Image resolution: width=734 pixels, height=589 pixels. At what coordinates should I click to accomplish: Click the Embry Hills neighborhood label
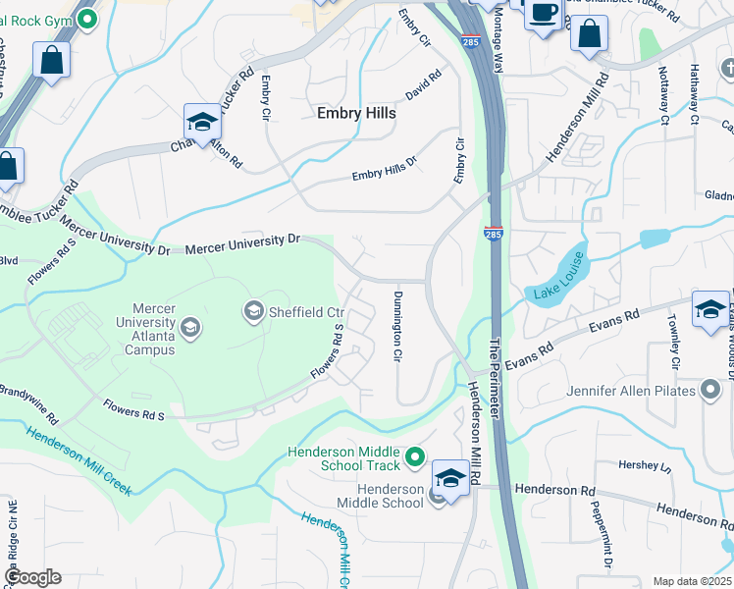pos(356,114)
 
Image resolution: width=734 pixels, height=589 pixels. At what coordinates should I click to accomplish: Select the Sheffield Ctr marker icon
pos(253,312)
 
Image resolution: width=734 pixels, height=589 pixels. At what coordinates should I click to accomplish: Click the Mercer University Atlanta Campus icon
pos(190,327)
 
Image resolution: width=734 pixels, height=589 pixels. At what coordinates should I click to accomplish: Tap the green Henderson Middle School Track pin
pos(415,457)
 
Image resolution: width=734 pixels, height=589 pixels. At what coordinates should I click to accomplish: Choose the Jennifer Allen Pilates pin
pos(710,392)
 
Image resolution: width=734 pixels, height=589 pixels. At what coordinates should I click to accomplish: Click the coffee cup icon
pos(542,14)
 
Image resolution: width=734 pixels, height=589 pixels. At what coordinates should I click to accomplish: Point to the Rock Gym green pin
pos(87,18)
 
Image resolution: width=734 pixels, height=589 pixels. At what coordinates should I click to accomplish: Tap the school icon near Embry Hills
pos(202,122)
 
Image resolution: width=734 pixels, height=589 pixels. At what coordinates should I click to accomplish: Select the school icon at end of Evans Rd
pos(709,308)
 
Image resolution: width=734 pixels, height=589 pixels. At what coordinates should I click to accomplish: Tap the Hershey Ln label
pos(644,464)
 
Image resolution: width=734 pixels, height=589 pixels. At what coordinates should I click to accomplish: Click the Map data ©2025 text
pos(691,581)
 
